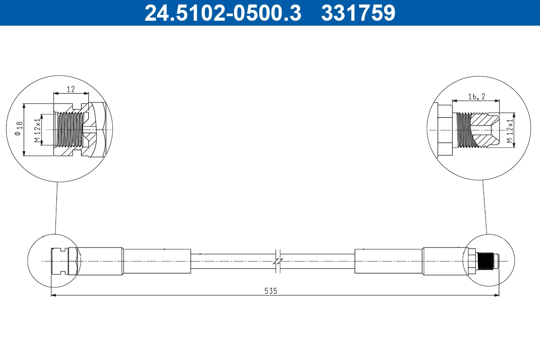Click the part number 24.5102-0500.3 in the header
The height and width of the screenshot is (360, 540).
coord(222,13)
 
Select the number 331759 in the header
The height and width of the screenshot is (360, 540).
coord(358,13)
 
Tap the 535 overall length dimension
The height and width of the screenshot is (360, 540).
coord(270,291)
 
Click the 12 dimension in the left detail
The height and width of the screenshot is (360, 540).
coord(71,89)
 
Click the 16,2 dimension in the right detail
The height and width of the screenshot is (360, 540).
coord(476,96)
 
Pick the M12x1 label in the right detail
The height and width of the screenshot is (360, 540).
coord(510,131)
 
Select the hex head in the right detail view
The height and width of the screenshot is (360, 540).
coord(444,130)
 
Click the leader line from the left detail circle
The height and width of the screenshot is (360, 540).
coord(56,207)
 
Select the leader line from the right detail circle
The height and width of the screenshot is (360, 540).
coord(484,207)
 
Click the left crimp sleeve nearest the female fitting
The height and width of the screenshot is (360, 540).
coord(100,261)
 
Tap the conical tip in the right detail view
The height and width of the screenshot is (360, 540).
coord(488,130)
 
